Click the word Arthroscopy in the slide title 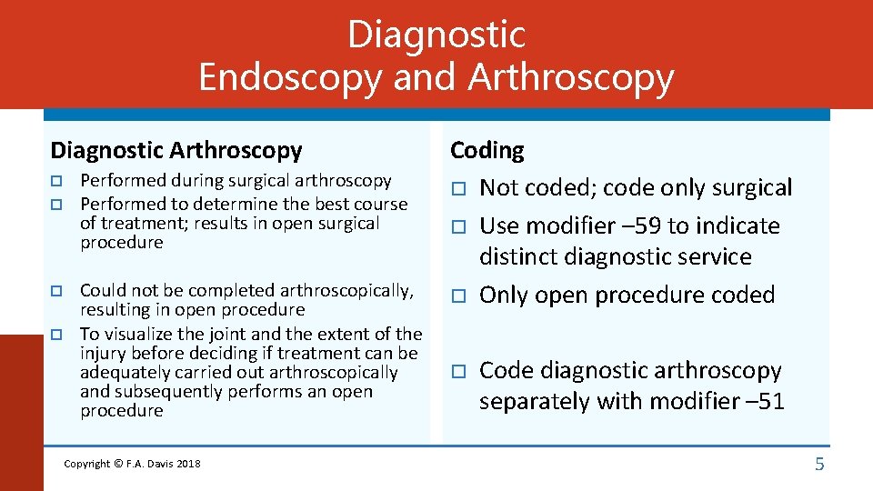point(570,78)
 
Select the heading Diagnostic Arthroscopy point(176,150)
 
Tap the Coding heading point(487,150)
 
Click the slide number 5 point(818,465)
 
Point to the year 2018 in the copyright point(188,464)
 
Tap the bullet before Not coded point(458,189)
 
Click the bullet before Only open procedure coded point(458,296)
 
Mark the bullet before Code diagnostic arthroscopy point(458,371)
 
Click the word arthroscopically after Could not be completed point(348,291)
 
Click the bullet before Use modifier point(458,226)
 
